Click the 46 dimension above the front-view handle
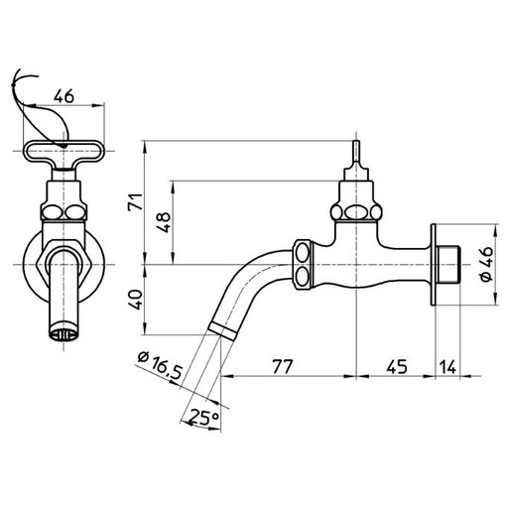(63, 96)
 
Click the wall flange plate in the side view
(434, 266)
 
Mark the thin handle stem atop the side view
(357, 155)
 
